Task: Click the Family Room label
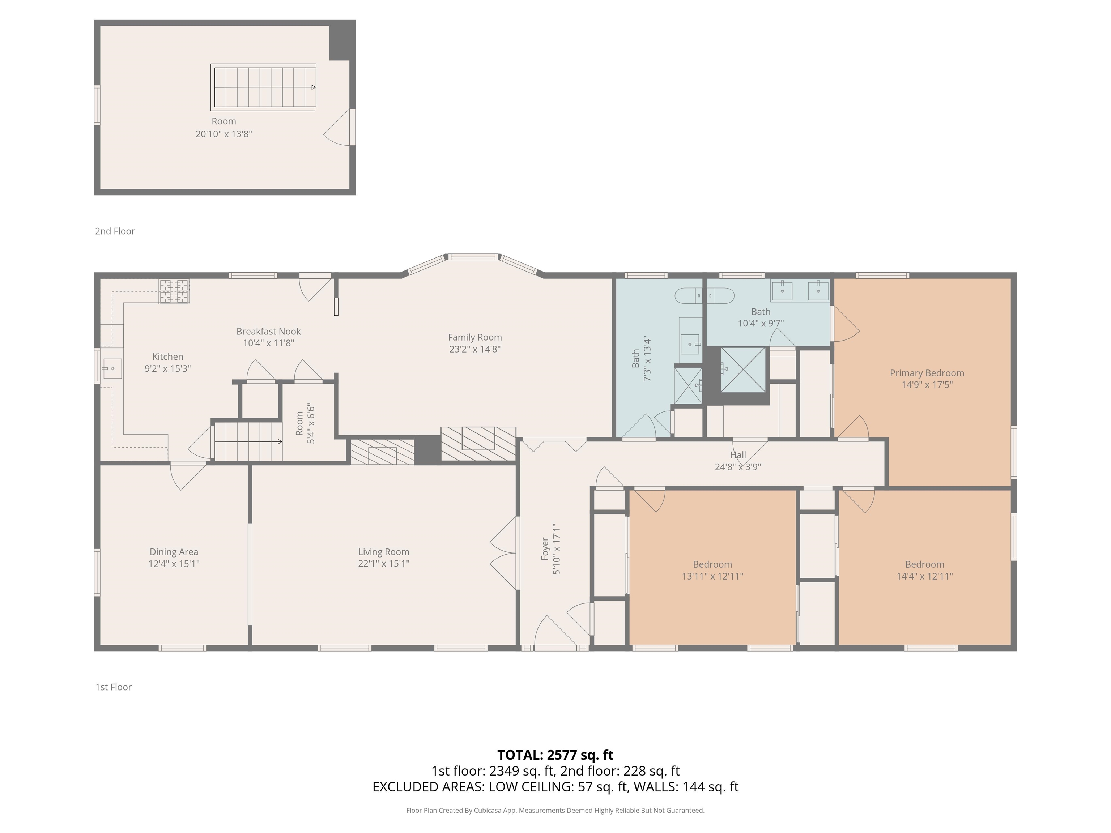click(x=474, y=337)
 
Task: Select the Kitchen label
click(x=168, y=356)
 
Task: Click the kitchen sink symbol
click(x=112, y=368)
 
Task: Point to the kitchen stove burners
click(x=174, y=291)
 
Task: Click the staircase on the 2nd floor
click(x=263, y=87)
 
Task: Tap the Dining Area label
click(x=174, y=552)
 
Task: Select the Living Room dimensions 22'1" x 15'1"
click(x=384, y=563)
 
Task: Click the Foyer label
click(x=545, y=549)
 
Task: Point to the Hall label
click(x=738, y=455)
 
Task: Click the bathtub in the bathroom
click(x=704, y=296)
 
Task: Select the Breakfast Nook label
click(x=269, y=332)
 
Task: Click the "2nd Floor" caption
click(x=115, y=231)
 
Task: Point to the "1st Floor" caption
click(x=114, y=687)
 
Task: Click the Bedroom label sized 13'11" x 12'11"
click(x=712, y=564)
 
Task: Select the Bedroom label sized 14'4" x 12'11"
click(x=925, y=564)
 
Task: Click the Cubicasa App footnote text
click(x=555, y=811)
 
